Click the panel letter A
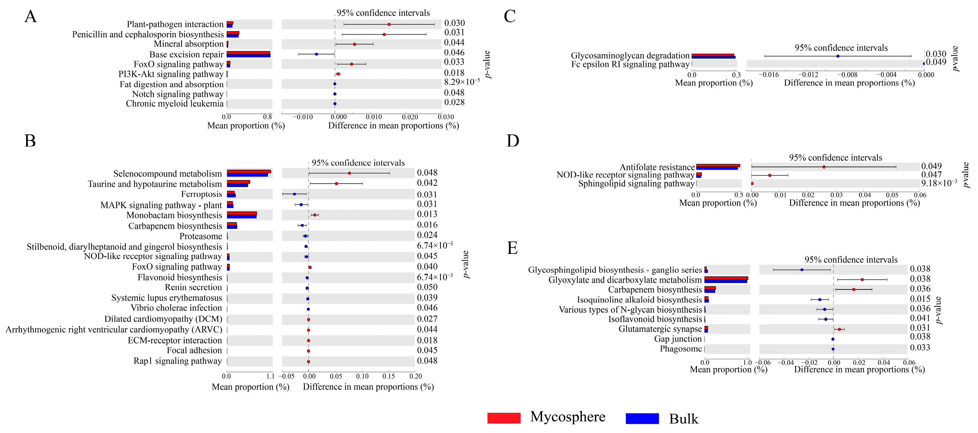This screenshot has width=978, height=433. (30, 17)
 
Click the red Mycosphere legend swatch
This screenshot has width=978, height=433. (504, 417)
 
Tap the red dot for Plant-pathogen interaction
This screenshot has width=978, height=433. (389, 24)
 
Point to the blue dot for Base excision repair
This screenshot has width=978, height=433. (316, 54)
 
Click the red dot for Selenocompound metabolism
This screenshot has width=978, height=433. (349, 173)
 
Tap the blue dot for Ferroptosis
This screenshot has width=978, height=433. (294, 194)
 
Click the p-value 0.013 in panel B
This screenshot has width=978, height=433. (427, 214)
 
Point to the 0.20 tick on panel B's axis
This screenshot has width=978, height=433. (415, 376)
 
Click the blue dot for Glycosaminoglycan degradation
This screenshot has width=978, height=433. (838, 56)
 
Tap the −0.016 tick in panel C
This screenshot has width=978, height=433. (768, 75)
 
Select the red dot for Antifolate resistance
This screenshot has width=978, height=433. (824, 167)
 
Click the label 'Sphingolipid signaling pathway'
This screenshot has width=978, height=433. (636, 184)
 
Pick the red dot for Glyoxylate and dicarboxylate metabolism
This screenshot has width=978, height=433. (862, 279)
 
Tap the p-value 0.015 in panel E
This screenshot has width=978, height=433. (920, 299)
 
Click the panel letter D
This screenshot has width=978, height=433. (513, 141)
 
